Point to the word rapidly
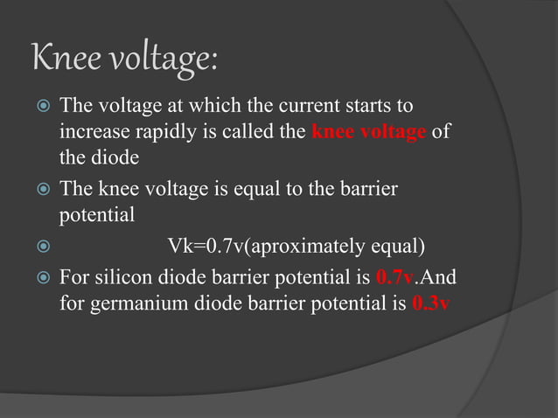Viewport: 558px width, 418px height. click(164, 134)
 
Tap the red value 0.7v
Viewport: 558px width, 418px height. click(394, 279)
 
